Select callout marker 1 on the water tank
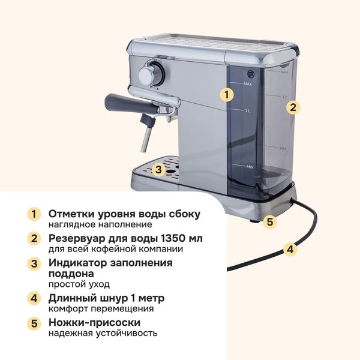pos(226,94)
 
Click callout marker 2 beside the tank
pos(292,107)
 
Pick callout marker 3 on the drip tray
pos(158,169)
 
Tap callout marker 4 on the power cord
pos(290,249)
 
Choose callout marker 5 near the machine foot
pos(270,221)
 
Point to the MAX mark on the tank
pos(247,85)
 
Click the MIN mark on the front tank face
pos(250,166)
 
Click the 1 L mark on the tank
pos(248,111)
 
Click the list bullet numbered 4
pos(35,298)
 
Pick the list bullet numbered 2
pos(35,238)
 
